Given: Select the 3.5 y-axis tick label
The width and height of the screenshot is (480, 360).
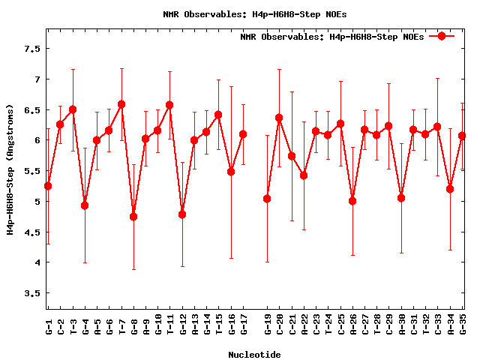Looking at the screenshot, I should tap(31, 293).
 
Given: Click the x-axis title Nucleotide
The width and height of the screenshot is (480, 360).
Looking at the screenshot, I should tap(255, 355).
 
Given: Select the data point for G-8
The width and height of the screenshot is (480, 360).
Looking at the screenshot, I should tap(133, 217).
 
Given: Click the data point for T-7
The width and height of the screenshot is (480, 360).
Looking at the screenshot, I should tap(121, 104).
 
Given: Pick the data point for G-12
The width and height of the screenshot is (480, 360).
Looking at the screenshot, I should tap(182, 214).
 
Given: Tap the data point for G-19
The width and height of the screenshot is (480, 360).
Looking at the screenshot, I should tap(267, 199).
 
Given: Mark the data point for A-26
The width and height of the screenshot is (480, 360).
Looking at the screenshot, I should tap(352, 201).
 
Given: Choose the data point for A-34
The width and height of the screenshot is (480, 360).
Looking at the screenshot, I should tap(450, 189).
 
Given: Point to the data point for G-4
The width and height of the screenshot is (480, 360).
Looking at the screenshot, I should tap(85, 205).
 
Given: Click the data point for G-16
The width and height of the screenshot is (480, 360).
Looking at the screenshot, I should tap(231, 172).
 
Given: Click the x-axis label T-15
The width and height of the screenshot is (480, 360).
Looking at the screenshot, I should tap(219, 324).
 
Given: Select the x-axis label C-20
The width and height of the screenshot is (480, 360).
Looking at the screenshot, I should tap(280, 324).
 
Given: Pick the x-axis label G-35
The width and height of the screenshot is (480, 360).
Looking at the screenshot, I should tap(463, 324).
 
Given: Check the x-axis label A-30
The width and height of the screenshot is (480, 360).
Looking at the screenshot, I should tap(402, 324).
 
